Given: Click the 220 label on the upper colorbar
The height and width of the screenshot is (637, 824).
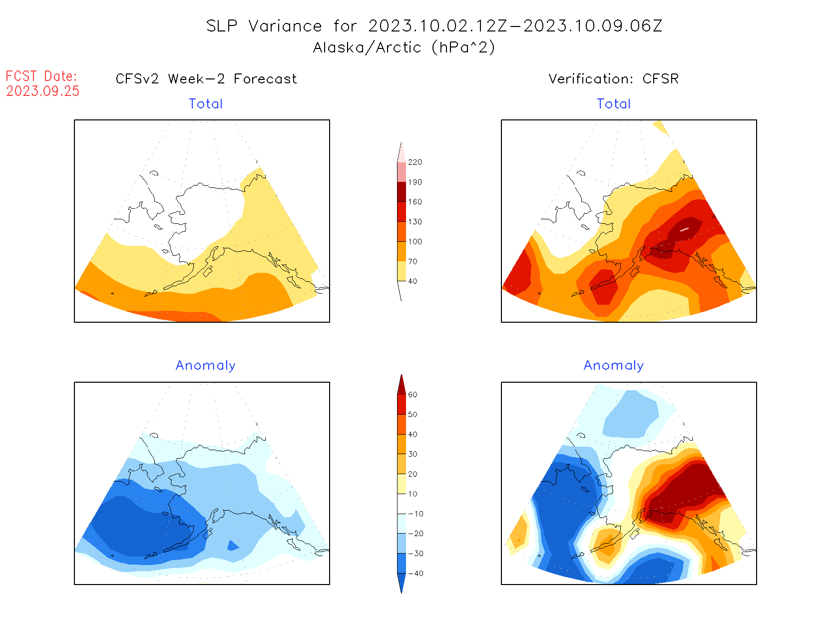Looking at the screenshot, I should pos(414,162).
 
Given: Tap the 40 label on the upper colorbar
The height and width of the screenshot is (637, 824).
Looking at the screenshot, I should pos(412,281).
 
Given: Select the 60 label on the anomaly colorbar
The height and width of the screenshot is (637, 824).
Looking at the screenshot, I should pos(412,395).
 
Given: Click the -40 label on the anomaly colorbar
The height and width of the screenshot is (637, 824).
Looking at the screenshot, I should pos(415,574).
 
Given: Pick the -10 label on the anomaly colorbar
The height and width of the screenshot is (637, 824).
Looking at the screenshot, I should pos(415,514).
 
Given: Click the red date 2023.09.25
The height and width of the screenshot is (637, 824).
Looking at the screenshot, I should pos(43,91).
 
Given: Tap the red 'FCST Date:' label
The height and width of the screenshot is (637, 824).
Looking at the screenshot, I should pos(41,76).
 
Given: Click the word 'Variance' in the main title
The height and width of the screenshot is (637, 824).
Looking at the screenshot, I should pos(285,26).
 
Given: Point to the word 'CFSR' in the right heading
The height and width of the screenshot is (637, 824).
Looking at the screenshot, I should pos(660,79).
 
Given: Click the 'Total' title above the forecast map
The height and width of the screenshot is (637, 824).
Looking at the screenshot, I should pos(206,104).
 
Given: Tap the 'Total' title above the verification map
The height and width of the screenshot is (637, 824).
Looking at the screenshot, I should pos(614,104).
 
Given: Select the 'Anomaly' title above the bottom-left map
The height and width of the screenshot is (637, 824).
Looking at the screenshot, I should pos(206,366).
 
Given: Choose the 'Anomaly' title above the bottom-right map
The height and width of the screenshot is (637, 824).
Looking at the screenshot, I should pos(614,366).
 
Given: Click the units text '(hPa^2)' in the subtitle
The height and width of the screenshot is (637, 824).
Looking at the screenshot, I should pos(463,47).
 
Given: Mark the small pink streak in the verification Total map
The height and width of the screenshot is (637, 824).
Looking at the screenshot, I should pos(684,229).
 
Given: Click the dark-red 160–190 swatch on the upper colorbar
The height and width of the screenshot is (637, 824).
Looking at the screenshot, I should pos(402,192).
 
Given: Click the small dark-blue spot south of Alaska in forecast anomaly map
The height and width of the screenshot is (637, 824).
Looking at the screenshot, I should pos(232,546).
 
